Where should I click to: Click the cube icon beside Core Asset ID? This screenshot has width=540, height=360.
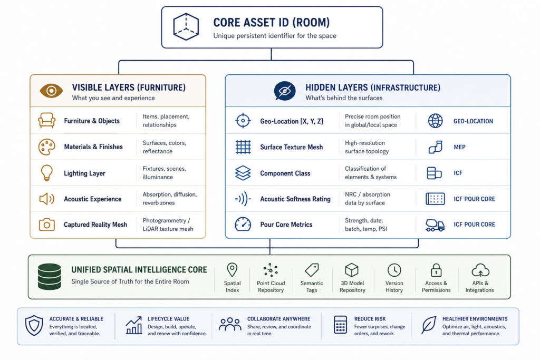[x=186, y=27]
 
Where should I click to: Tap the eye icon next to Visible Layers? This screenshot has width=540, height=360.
[x=51, y=91]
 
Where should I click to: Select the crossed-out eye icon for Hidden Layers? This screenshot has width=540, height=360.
[x=284, y=91]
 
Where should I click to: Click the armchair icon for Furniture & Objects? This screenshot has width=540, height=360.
[x=47, y=121]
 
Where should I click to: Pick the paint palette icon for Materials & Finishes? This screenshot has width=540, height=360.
[x=46, y=147]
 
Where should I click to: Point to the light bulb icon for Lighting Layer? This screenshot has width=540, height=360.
[x=46, y=173]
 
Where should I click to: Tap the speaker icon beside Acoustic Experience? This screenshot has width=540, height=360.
[x=46, y=199]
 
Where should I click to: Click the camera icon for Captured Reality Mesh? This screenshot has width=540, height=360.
[x=47, y=225]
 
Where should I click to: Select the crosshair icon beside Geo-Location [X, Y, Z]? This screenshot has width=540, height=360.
[x=243, y=121]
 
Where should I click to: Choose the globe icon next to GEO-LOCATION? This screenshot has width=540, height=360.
[x=435, y=121]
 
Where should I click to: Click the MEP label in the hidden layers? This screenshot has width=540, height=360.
[x=459, y=147]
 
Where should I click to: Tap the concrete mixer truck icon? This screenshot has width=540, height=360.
[x=435, y=225]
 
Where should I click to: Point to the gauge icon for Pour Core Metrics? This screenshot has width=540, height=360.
[x=243, y=225]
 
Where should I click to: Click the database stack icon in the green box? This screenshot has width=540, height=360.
[x=49, y=277]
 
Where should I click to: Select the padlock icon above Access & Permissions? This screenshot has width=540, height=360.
[x=436, y=270]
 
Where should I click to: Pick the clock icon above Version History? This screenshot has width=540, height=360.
[x=394, y=270]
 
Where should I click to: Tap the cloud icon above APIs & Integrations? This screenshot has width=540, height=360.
[x=480, y=270]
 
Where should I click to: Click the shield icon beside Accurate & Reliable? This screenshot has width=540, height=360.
[x=34, y=325]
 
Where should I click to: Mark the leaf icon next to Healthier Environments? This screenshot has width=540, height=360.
[x=429, y=325]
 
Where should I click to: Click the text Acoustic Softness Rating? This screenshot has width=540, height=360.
[x=295, y=199]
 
